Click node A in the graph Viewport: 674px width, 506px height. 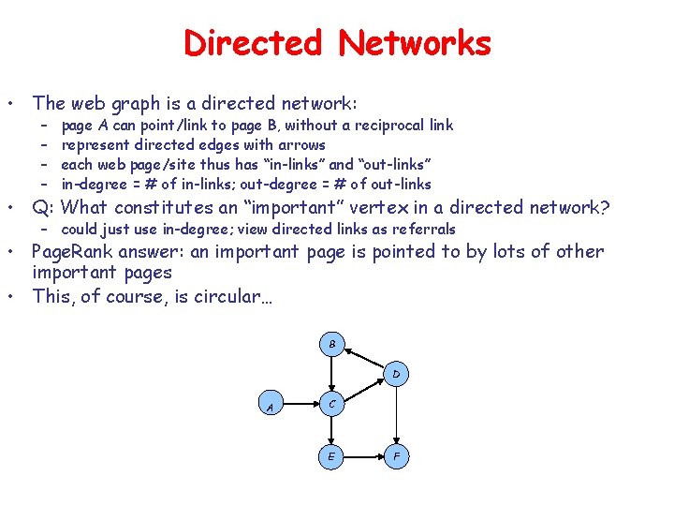click(270, 407)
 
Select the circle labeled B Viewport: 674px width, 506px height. click(332, 343)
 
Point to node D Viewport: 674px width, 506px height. click(396, 374)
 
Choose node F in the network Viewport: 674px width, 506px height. click(396, 456)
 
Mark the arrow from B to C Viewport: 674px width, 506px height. click(332, 374)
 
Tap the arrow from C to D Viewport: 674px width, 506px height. click(364, 390)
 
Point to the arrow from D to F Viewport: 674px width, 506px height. click(396, 415)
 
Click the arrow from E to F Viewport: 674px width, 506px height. click(364, 456)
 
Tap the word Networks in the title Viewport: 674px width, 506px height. click(415, 43)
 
